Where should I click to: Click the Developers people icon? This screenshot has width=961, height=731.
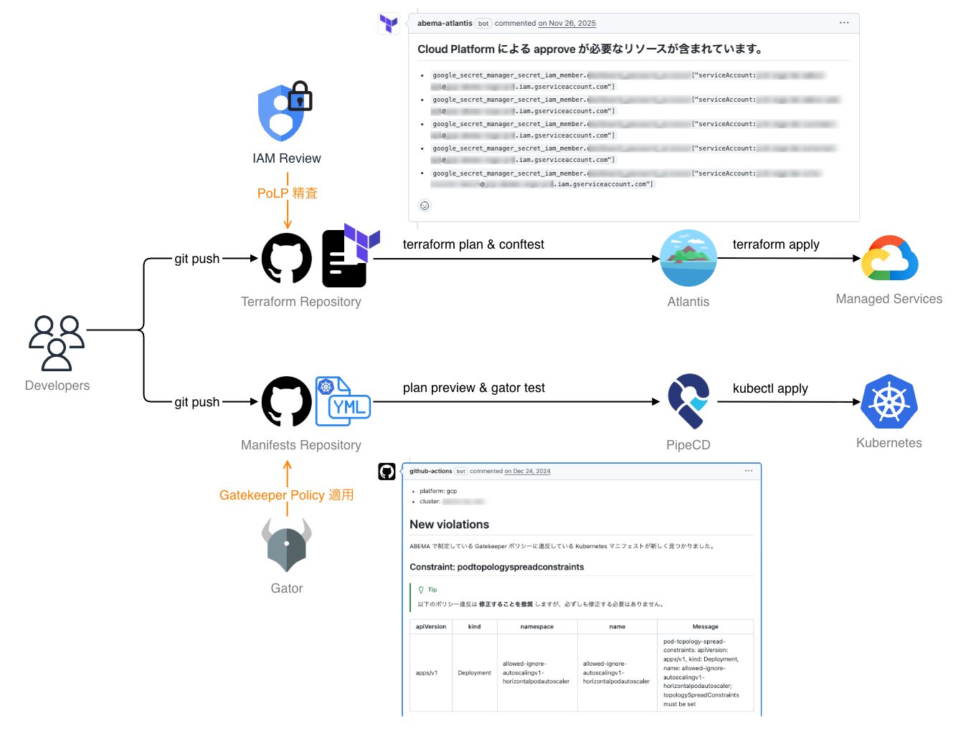[x=57, y=343]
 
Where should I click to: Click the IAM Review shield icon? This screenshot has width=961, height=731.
[x=280, y=114]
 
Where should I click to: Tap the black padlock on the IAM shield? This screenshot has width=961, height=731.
[x=300, y=97]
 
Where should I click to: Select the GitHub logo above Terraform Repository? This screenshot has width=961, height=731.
[x=287, y=259]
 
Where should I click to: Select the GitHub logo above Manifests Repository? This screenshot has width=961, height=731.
[x=287, y=402]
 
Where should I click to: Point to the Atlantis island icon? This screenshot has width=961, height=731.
[x=688, y=258]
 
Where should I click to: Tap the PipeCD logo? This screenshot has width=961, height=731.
[x=688, y=401]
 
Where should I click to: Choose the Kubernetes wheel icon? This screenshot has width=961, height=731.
[x=889, y=401]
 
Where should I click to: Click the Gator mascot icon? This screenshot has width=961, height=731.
[x=287, y=545]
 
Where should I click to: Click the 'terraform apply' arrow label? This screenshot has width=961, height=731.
[x=775, y=244]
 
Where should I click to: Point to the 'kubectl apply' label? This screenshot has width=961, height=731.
[x=770, y=388]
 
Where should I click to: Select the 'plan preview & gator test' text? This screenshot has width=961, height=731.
[x=473, y=388]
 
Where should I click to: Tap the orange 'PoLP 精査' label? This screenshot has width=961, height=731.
[x=288, y=193]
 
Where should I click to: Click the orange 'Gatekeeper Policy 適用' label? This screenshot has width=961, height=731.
[x=286, y=494]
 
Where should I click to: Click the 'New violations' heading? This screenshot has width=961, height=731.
[x=449, y=525]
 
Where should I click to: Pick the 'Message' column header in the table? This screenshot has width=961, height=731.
[x=705, y=626]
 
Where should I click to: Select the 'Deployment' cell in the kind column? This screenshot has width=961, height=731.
[x=474, y=673]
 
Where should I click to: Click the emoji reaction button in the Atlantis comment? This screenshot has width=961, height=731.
[x=425, y=206]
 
